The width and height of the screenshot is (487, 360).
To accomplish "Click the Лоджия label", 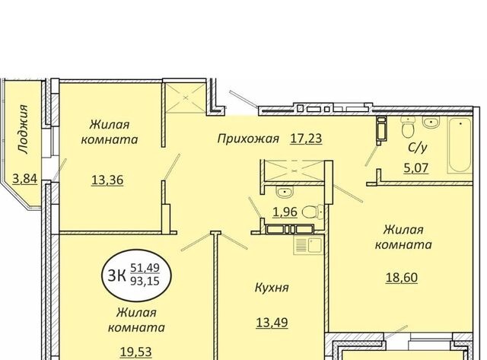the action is tap(24, 129).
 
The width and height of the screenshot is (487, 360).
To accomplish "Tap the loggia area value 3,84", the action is tap(25, 179).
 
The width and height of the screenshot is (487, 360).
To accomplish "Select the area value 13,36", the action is tap(107, 180).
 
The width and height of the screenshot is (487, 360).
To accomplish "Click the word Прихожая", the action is tap(248, 139).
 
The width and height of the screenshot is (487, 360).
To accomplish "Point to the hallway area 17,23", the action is tap(306, 139).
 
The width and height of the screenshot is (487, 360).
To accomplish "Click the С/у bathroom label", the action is tap(417, 148).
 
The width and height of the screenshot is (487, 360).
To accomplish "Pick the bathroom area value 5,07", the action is tap(416, 168).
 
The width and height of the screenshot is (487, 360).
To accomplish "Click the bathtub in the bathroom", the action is tap(460, 145).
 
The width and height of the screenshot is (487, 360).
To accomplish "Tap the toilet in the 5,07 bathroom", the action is tap(408, 127).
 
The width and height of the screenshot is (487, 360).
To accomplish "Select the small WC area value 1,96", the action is tap(285, 212).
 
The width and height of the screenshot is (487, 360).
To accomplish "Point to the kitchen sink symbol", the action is tap(308, 245).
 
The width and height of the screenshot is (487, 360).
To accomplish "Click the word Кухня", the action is tap(272, 288).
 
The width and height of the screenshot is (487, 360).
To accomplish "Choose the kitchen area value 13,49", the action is tap(272, 323).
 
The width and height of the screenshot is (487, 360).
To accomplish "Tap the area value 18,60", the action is tap(401, 277).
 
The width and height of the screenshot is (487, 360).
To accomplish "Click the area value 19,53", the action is tap(136, 352).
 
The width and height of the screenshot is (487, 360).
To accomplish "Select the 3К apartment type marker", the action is tap(116, 276).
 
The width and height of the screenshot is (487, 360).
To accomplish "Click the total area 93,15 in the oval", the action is tap(145, 281).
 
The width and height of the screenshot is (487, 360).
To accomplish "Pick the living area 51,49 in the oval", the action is tap(145, 267).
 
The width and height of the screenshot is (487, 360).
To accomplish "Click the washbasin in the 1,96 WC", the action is tap(285, 193).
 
